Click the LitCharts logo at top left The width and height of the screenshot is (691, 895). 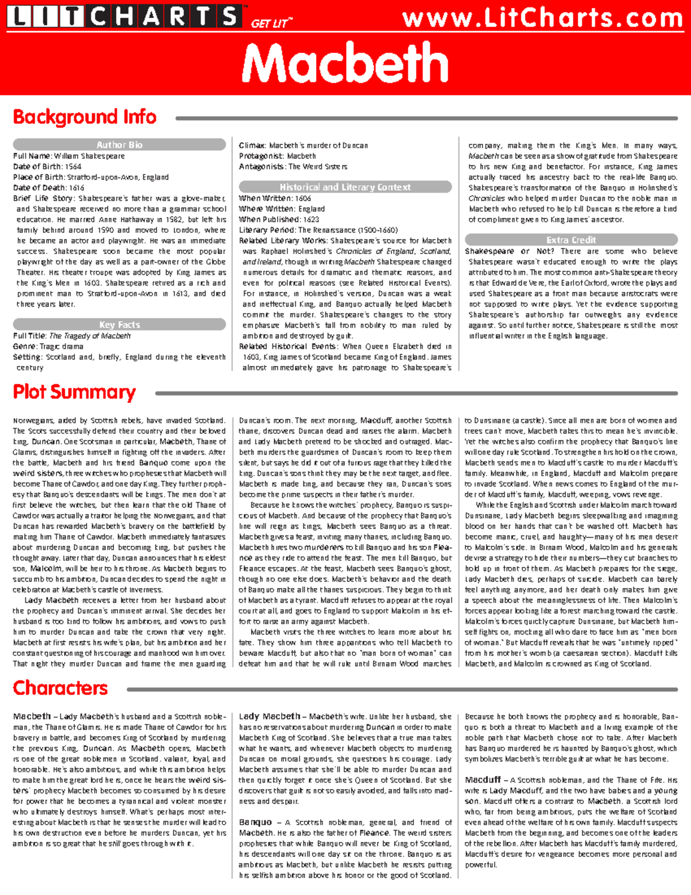pyautogui.click(x=124, y=16)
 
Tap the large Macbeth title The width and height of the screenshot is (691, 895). pyautogui.click(x=345, y=63)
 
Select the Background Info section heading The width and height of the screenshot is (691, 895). pyautogui.click(x=85, y=117)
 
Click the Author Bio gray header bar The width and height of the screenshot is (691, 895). pyautogui.click(x=119, y=145)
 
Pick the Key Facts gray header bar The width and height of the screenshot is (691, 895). pyautogui.click(x=119, y=324)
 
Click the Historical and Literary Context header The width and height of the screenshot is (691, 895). pyautogui.click(x=345, y=187)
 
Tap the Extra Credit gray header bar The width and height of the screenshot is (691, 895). pyautogui.click(x=571, y=240)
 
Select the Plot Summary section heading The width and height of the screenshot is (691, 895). pyautogui.click(x=74, y=392)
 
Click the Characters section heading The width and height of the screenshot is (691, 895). pyautogui.click(x=60, y=688)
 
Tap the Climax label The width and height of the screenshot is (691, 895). pyautogui.click(x=252, y=146)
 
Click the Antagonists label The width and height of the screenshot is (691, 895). pyautogui.click(x=261, y=167)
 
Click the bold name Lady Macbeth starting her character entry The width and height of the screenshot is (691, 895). pyautogui.click(x=269, y=716)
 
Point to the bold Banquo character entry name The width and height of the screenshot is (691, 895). pyautogui.click(x=255, y=822)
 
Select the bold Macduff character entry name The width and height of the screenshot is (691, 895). pyautogui.click(x=483, y=780)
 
